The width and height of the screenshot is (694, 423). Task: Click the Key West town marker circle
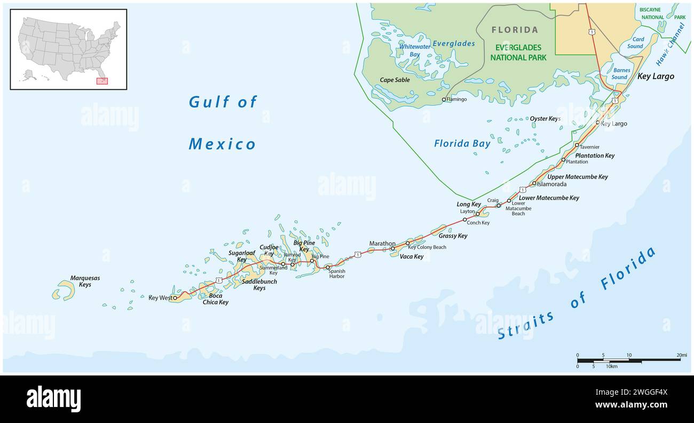175,298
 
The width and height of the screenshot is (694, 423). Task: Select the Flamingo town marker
444,99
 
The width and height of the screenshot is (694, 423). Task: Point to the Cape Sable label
395,80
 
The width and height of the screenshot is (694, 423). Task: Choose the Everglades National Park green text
516,52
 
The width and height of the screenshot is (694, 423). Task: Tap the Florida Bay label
462,143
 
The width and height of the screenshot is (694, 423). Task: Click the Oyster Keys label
545,119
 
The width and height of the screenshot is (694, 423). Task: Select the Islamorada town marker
534,183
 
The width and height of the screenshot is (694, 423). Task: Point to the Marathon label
382,244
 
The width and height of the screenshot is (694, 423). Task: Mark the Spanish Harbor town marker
328,267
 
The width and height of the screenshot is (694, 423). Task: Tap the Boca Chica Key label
215,299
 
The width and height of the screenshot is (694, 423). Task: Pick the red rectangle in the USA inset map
101,81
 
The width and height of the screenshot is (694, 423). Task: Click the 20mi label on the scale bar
682,355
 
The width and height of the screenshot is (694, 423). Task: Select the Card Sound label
635,43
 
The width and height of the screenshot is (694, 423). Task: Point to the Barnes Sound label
621,74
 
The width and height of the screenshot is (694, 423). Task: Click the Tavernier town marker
577,145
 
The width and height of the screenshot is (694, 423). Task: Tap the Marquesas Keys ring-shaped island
64,291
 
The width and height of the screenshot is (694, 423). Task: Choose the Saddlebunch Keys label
254,285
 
